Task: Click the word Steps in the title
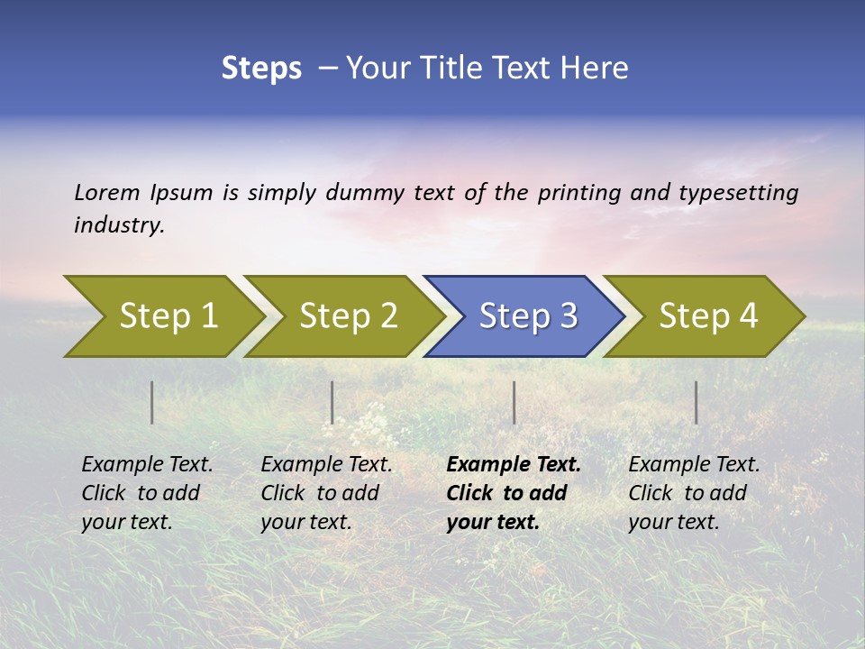click(261, 69)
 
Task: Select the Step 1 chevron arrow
click(162, 316)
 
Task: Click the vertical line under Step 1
click(152, 402)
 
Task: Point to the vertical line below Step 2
click(332, 402)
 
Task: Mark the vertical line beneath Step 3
click(514, 402)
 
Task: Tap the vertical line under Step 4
click(697, 402)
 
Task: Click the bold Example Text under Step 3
click(513, 465)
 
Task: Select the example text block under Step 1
click(147, 493)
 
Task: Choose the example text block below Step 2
click(326, 493)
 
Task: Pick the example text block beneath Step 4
click(694, 493)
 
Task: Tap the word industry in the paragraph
click(119, 225)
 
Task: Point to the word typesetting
click(738, 193)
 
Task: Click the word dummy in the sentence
click(365, 193)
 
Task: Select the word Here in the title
click(599, 69)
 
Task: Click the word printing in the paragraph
click(579, 193)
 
